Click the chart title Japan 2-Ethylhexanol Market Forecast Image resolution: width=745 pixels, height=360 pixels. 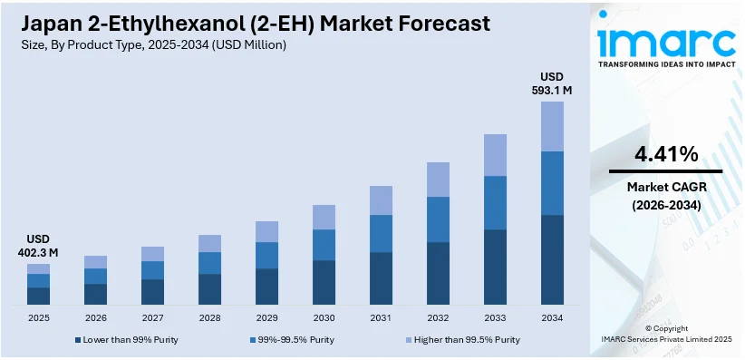tap(248, 23)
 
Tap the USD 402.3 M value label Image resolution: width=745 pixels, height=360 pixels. tap(38, 245)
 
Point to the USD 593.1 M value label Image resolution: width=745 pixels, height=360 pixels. tap(552, 83)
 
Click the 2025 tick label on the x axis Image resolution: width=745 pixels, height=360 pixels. tap(38, 318)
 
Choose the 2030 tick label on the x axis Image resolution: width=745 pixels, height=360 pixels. tap(324, 318)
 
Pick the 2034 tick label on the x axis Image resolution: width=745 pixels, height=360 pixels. tap(552, 318)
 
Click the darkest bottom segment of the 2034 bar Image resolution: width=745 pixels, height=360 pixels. tap(552, 259)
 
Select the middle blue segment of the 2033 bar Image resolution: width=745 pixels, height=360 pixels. tap(495, 203)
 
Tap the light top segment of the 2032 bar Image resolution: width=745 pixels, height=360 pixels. tap(438, 180)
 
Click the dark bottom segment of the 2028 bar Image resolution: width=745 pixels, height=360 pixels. tap(209, 288)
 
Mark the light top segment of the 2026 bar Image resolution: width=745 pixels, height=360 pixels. tap(95, 262)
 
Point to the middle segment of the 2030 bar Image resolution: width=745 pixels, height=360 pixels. tap(324, 245)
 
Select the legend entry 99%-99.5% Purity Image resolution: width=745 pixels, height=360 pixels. tap(295, 340)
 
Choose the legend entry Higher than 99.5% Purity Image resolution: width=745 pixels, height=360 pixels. tap(462, 340)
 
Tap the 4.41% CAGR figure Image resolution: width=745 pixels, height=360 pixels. tap(665, 153)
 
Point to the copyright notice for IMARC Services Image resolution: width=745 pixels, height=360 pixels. tap(666, 333)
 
